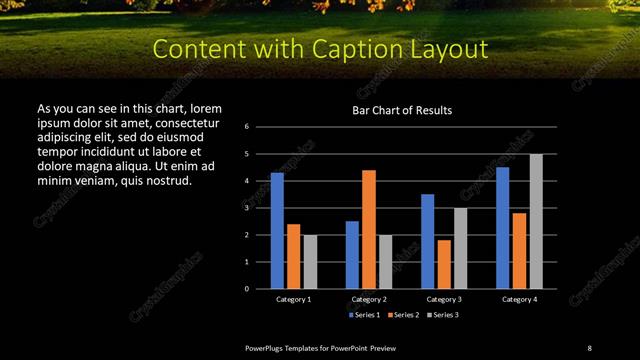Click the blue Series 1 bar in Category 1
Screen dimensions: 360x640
pyautogui.click(x=277, y=230)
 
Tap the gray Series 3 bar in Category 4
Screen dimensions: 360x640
pyautogui.click(x=536, y=221)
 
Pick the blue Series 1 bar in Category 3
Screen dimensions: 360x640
pyautogui.click(x=427, y=241)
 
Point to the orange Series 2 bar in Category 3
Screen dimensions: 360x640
pyautogui.click(x=444, y=264)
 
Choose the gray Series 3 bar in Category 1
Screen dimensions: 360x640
pyautogui.click(x=310, y=261)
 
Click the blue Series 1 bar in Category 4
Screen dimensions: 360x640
pyautogui.click(x=502, y=227)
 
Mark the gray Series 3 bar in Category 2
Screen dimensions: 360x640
pyautogui.click(x=385, y=261)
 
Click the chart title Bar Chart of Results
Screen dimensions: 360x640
pyautogui.click(x=402, y=110)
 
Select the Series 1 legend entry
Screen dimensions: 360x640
pyautogui.click(x=365, y=315)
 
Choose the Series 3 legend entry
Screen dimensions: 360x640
pyautogui.click(x=441, y=315)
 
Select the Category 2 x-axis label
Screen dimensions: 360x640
pyautogui.click(x=369, y=299)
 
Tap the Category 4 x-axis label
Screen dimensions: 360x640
pyautogui.click(x=519, y=299)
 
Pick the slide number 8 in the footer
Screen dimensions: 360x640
pyautogui.click(x=589, y=347)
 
